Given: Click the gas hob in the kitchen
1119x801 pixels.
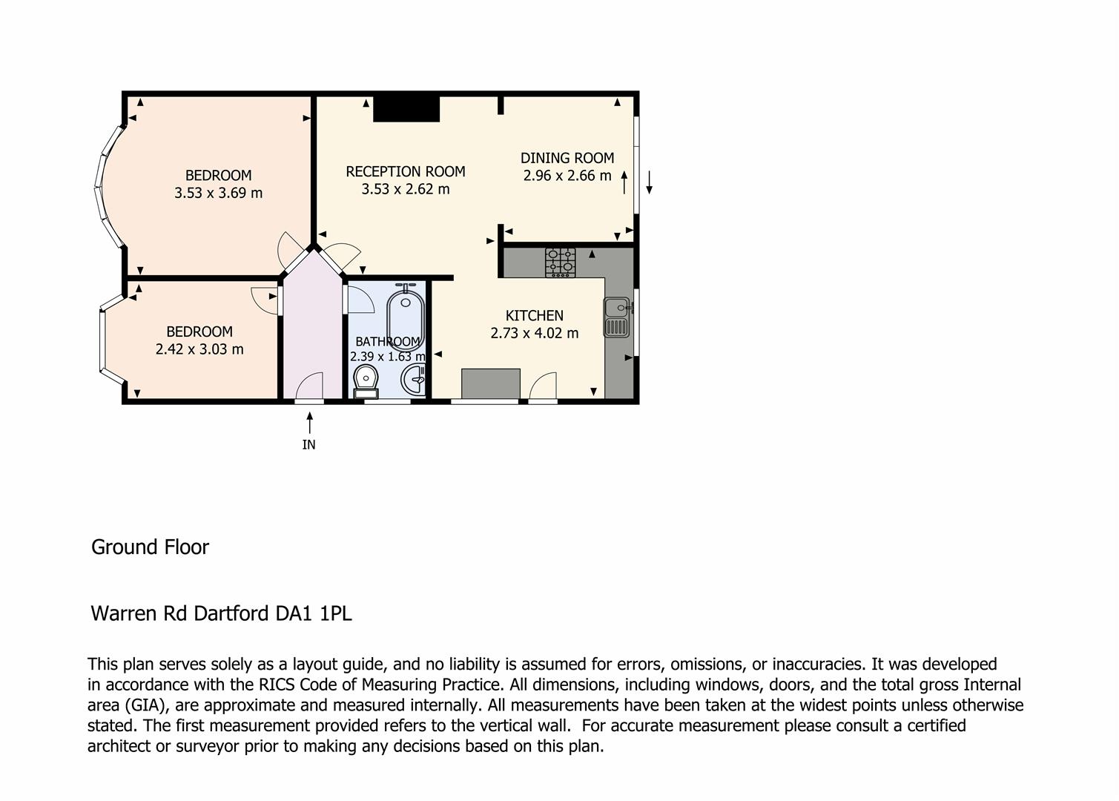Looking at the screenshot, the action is click(560, 263).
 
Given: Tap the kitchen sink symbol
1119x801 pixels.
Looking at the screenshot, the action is click(616, 317).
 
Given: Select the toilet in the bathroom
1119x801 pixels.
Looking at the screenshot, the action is click(366, 380).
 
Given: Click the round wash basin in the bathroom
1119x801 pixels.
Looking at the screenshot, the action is click(413, 380).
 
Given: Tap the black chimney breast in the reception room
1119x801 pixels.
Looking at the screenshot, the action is click(406, 109).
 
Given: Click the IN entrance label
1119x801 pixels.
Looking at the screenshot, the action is click(308, 444).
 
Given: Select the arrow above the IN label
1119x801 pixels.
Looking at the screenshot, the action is click(310, 423).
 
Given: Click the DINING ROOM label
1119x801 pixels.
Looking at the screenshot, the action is click(567, 158).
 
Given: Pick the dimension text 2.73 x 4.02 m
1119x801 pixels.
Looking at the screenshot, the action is click(535, 333).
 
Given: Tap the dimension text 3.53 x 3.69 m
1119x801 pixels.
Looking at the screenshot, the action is click(218, 193).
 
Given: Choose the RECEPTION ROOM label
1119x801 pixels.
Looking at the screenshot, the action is click(406, 171).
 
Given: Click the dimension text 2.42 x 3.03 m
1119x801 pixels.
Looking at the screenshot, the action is click(199, 349).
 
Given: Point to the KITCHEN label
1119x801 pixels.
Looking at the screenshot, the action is click(535, 315).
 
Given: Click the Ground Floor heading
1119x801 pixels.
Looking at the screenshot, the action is click(150, 547).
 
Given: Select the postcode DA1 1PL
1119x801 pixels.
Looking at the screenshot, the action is click(314, 613).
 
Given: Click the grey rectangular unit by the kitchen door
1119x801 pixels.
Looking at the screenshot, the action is click(491, 383).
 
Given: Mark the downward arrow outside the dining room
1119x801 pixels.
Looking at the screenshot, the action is click(650, 182).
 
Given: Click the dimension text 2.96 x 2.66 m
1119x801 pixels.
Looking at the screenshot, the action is click(567, 176).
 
